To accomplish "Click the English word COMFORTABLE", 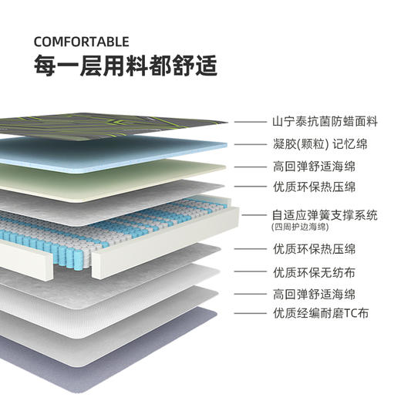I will [x=82, y=42].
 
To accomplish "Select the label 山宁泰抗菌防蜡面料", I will [x=325, y=122].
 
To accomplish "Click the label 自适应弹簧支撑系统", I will [x=325, y=215].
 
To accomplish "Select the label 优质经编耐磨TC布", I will [x=319, y=313].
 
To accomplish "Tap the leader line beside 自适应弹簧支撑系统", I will [x=254, y=217].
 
